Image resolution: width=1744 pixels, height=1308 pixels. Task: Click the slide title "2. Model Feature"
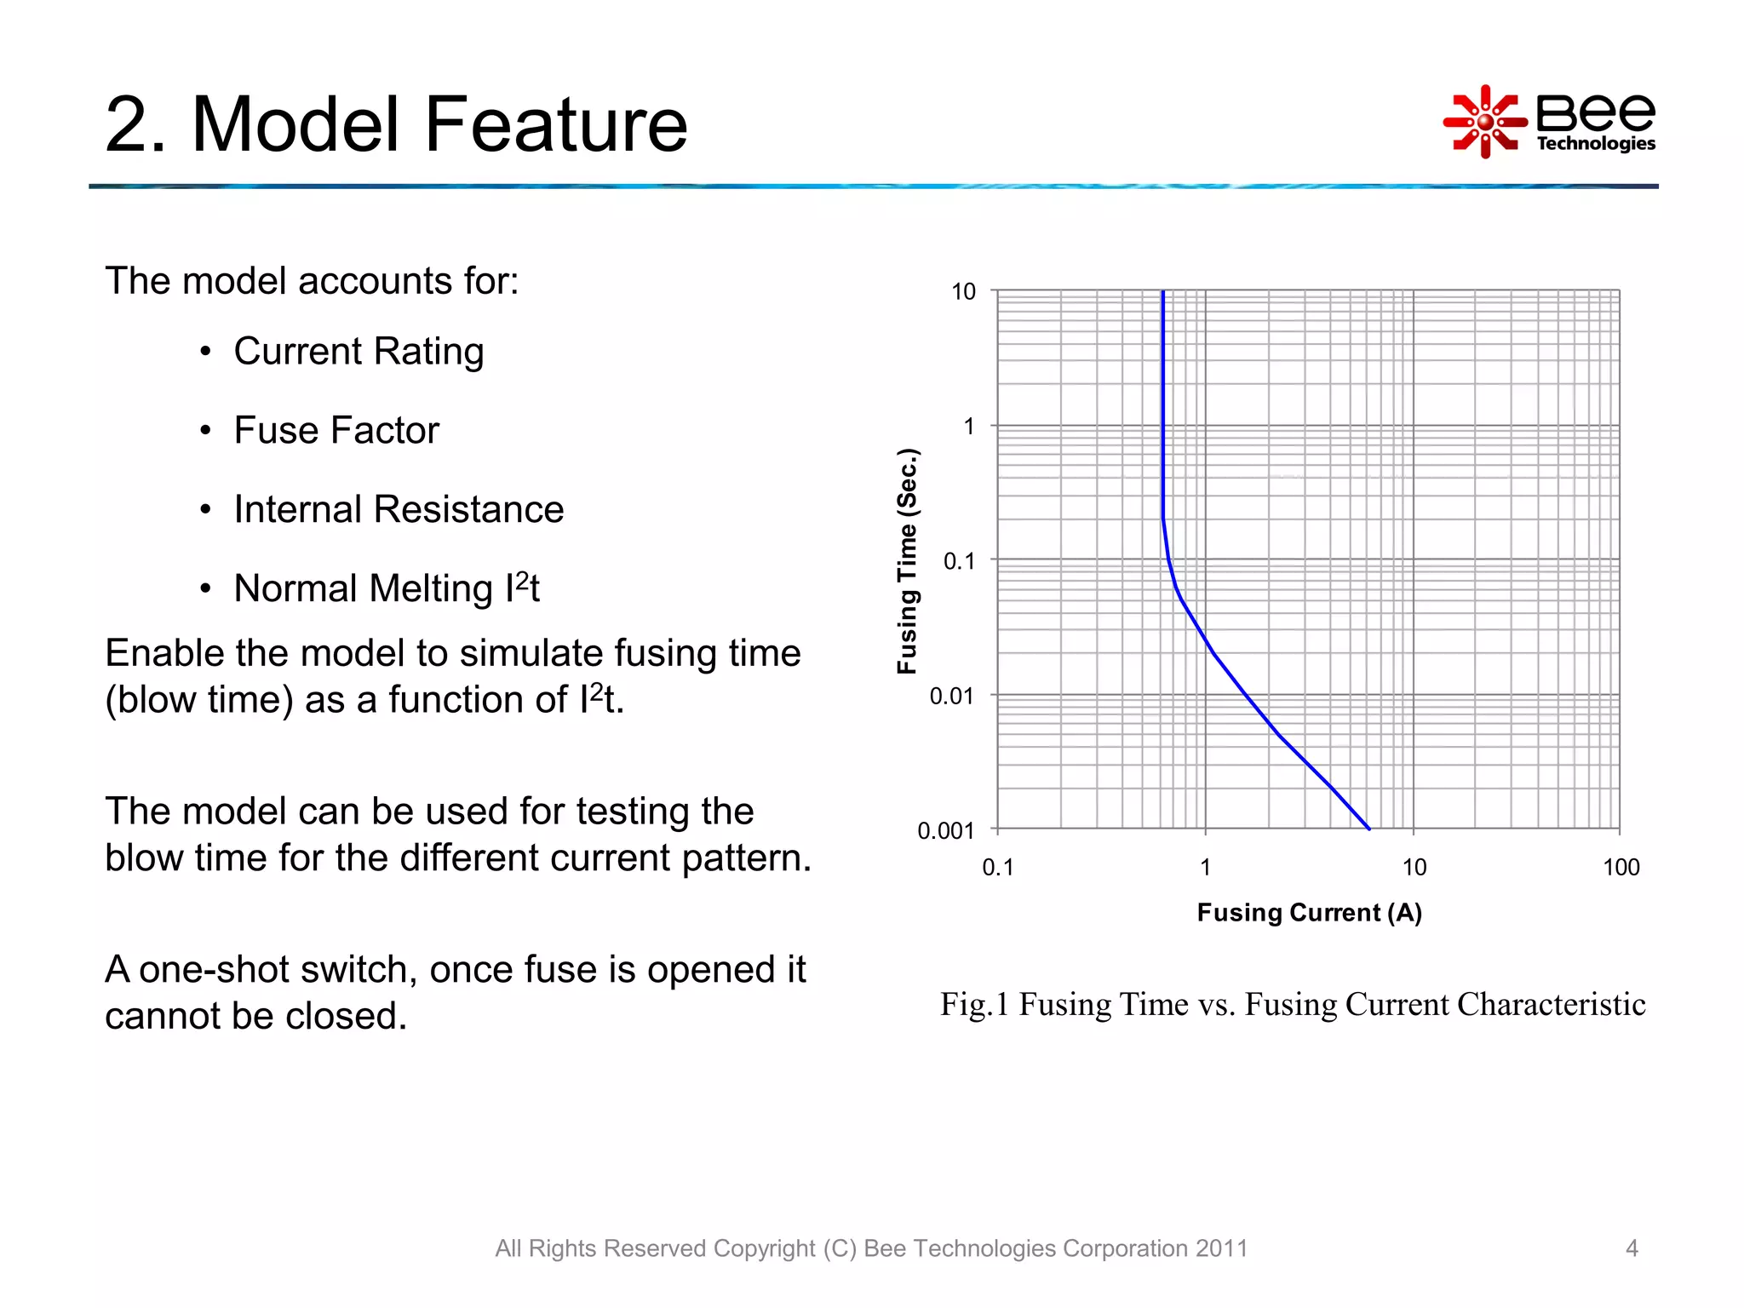point(396,125)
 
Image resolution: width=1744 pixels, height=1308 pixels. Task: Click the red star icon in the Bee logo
point(1485,122)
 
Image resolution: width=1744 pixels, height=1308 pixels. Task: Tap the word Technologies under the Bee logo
point(1595,143)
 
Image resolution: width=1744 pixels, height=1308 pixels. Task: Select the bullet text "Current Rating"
point(359,352)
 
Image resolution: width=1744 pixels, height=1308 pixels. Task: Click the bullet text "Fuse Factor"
point(336,431)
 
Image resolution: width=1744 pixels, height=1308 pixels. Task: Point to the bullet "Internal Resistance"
point(399,510)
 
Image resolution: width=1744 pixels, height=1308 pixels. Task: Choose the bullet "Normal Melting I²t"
point(387,588)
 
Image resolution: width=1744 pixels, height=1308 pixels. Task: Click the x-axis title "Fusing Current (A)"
point(1309,913)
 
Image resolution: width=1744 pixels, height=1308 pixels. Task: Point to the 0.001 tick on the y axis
point(945,830)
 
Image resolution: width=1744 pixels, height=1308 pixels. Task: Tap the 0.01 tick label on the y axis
point(951,697)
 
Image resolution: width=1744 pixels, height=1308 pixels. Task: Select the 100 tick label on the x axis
point(1621,868)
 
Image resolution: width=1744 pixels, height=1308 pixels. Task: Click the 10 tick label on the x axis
point(1414,868)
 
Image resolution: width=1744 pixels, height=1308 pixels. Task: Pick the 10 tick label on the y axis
point(963,292)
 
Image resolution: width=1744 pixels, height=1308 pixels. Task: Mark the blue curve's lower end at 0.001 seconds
point(1368,828)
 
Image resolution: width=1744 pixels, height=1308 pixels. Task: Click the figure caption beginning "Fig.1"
point(1292,1005)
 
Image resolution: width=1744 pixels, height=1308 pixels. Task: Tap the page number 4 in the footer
point(1632,1248)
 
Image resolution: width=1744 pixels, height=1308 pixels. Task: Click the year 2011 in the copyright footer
point(1221,1248)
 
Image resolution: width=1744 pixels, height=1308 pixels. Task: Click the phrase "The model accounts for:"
point(312,281)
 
